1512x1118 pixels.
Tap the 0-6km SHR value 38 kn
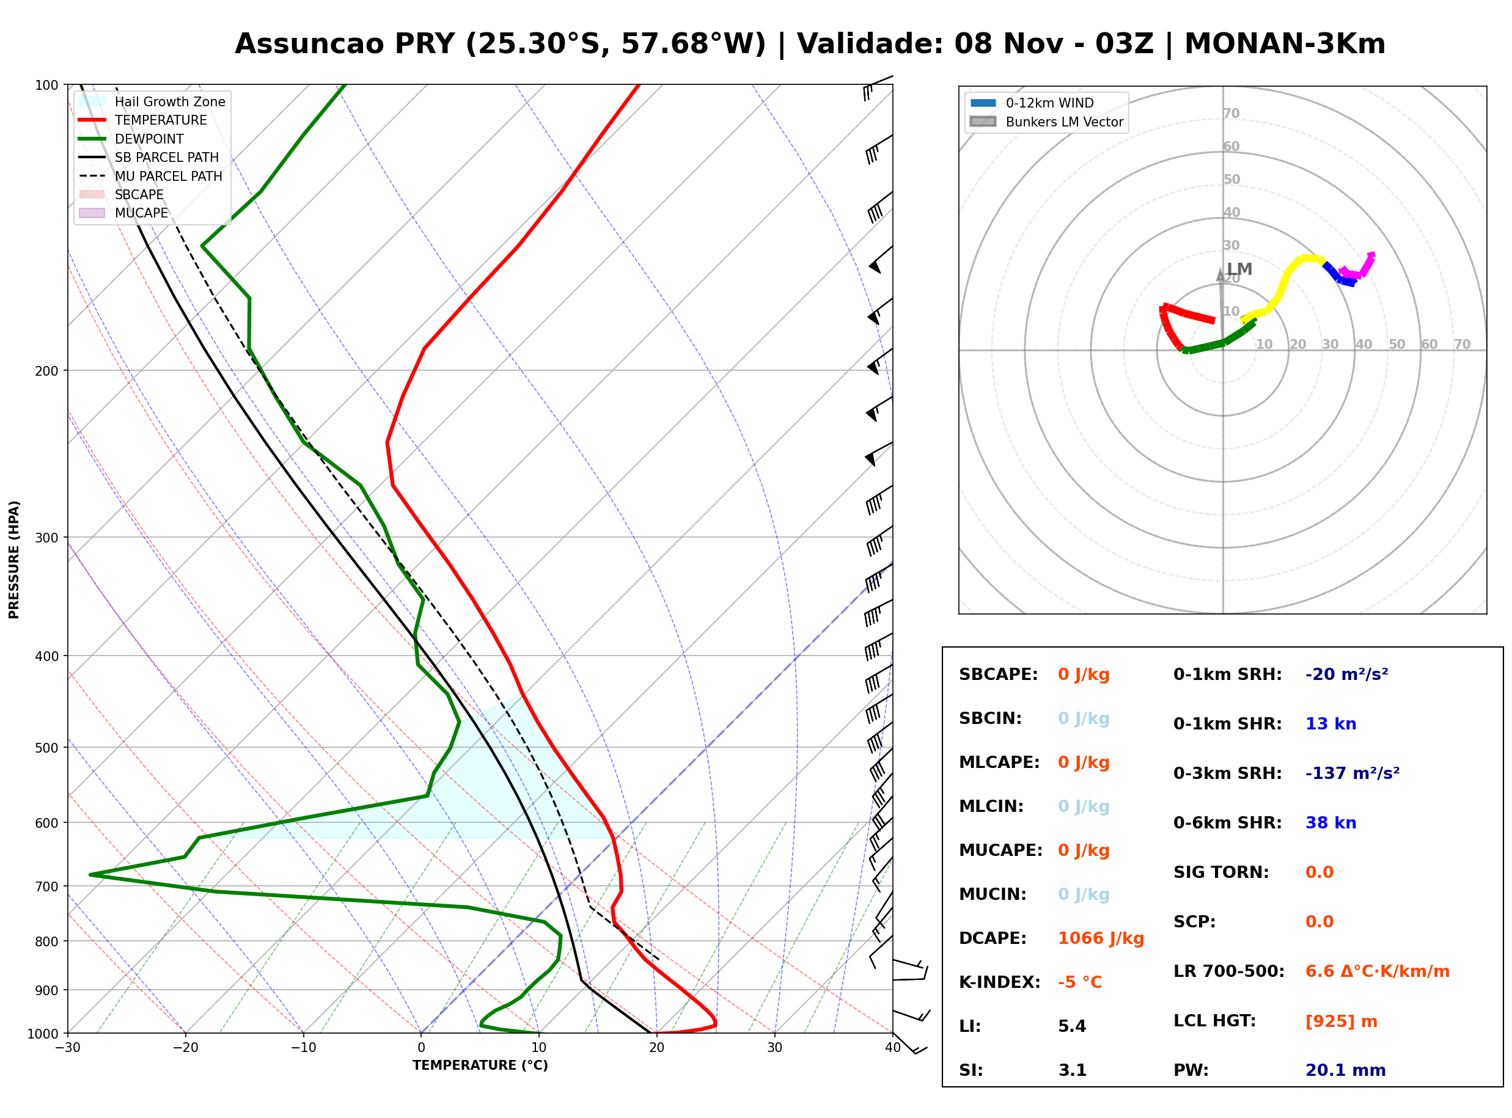[1330, 823]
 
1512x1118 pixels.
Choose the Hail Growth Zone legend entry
[152, 101]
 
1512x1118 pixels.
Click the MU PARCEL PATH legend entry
[151, 176]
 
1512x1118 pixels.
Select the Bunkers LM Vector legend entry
[1046, 122]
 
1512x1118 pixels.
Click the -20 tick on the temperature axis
[185, 1048]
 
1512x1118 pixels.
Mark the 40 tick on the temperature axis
[893, 1048]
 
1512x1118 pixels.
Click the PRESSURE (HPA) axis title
[13, 560]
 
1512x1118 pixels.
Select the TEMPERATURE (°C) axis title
[480, 1065]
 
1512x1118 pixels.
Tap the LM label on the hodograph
[1239, 269]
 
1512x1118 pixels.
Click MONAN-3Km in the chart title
[1285, 44]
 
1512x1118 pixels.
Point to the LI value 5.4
[1072, 1026]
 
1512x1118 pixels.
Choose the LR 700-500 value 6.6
[1319, 972]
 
